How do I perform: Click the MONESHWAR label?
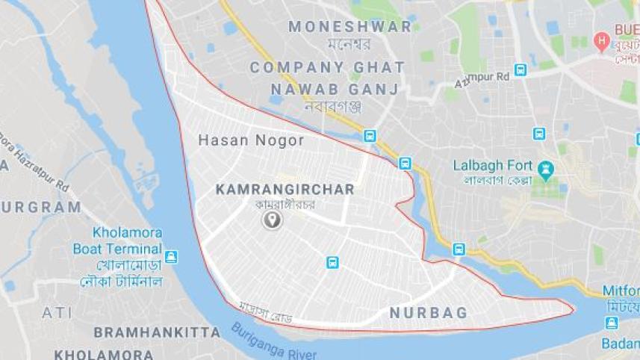point(349,27)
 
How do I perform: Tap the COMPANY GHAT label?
point(327,67)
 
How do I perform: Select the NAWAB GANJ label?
point(334,89)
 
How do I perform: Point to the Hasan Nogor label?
point(251,140)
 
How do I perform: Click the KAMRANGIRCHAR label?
point(285,190)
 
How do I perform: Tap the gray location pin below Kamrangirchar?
point(272,220)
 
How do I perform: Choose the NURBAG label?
point(429,313)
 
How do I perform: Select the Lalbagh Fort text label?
point(492,166)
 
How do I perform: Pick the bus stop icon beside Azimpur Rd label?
point(521,70)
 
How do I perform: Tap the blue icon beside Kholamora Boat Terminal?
point(172,256)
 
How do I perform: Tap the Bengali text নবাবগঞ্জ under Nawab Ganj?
point(333,106)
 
